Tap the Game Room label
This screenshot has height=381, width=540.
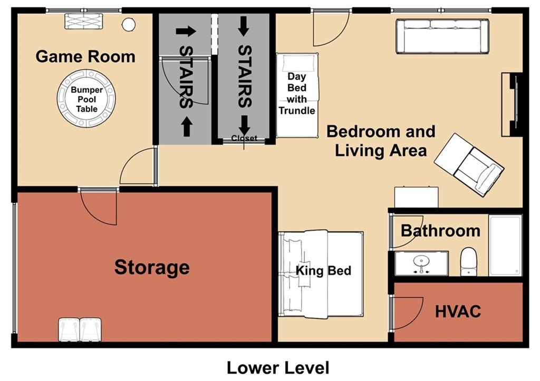click(x=85, y=56)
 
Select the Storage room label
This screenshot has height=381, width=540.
click(x=152, y=267)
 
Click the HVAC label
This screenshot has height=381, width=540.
click(x=458, y=311)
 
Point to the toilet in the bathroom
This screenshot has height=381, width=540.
click(x=468, y=262)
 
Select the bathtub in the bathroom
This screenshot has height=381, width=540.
click(x=505, y=245)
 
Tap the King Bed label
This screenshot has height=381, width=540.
click(x=323, y=271)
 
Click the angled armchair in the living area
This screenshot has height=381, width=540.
click(x=468, y=164)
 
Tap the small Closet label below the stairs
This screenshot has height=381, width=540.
click(x=244, y=139)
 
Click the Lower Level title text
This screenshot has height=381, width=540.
click(x=278, y=367)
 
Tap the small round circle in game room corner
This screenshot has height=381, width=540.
click(x=129, y=24)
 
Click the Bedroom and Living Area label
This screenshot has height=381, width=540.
click(x=380, y=141)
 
